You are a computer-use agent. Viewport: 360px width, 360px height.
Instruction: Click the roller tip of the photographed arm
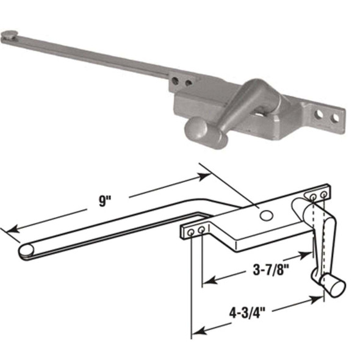(10, 36)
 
